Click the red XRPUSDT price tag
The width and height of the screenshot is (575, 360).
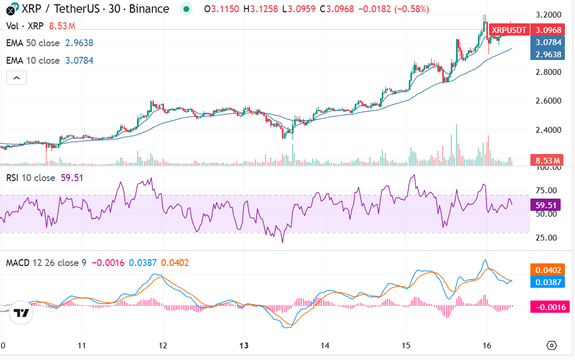click(x=509, y=30)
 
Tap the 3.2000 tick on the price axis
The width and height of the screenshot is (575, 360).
click(x=548, y=14)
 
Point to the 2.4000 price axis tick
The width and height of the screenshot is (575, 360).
click(x=548, y=130)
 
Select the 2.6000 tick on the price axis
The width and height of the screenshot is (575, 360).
click(x=548, y=101)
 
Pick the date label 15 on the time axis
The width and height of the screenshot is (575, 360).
click(x=406, y=345)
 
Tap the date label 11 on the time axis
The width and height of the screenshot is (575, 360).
click(x=82, y=345)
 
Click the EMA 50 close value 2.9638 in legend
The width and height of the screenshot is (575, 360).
click(x=79, y=43)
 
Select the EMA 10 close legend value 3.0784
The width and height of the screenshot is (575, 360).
click(x=79, y=61)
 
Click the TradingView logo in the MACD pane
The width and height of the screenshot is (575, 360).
click(x=21, y=313)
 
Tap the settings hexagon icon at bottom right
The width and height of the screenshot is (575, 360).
click(x=552, y=345)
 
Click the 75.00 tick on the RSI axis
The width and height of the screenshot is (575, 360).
click(x=548, y=190)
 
